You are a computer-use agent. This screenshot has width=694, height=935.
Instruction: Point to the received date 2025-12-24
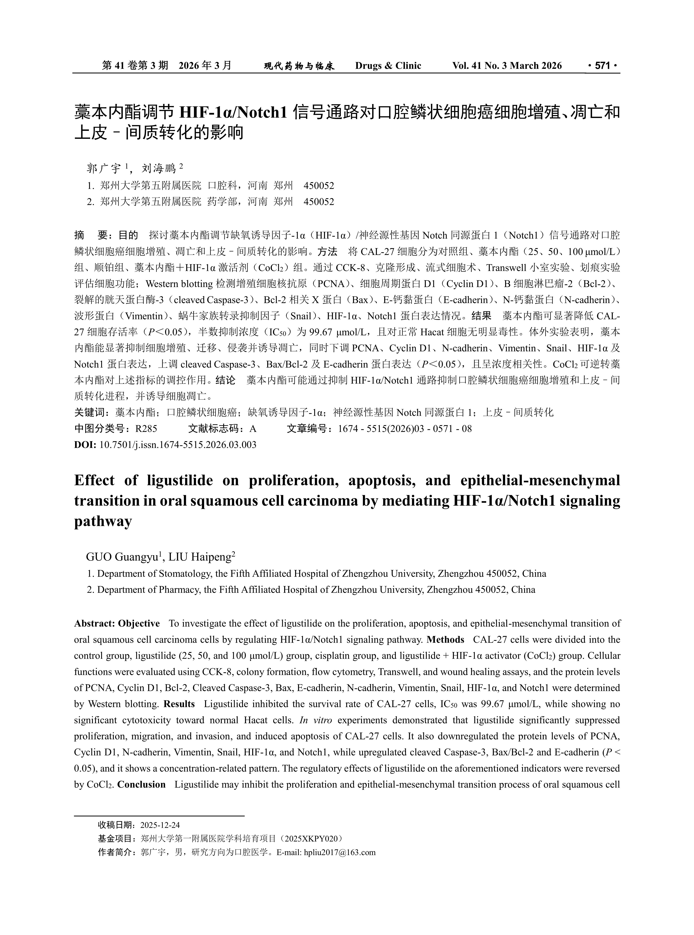coord(160,825)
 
